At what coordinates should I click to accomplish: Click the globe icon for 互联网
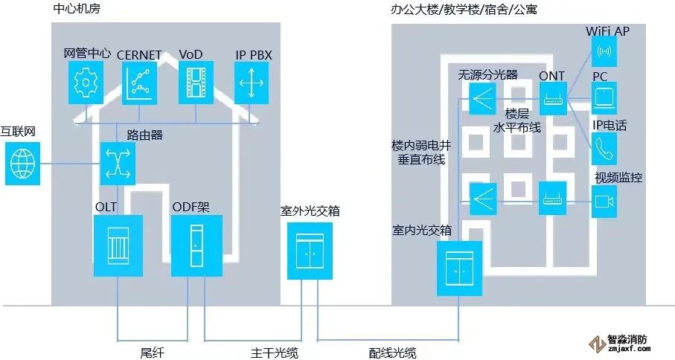(x=23, y=163)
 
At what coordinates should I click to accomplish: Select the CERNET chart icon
(x=140, y=82)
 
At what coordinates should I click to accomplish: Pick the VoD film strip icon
(x=196, y=82)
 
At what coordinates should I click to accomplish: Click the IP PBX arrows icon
(x=251, y=82)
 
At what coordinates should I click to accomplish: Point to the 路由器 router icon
(x=118, y=162)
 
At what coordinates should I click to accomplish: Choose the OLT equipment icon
(x=118, y=245)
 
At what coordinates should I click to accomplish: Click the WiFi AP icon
(x=604, y=52)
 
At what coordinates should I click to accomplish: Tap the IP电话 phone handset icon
(x=604, y=149)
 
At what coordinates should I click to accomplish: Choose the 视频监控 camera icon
(x=604, y=201)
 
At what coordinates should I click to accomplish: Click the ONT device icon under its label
(x=552, y=98)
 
